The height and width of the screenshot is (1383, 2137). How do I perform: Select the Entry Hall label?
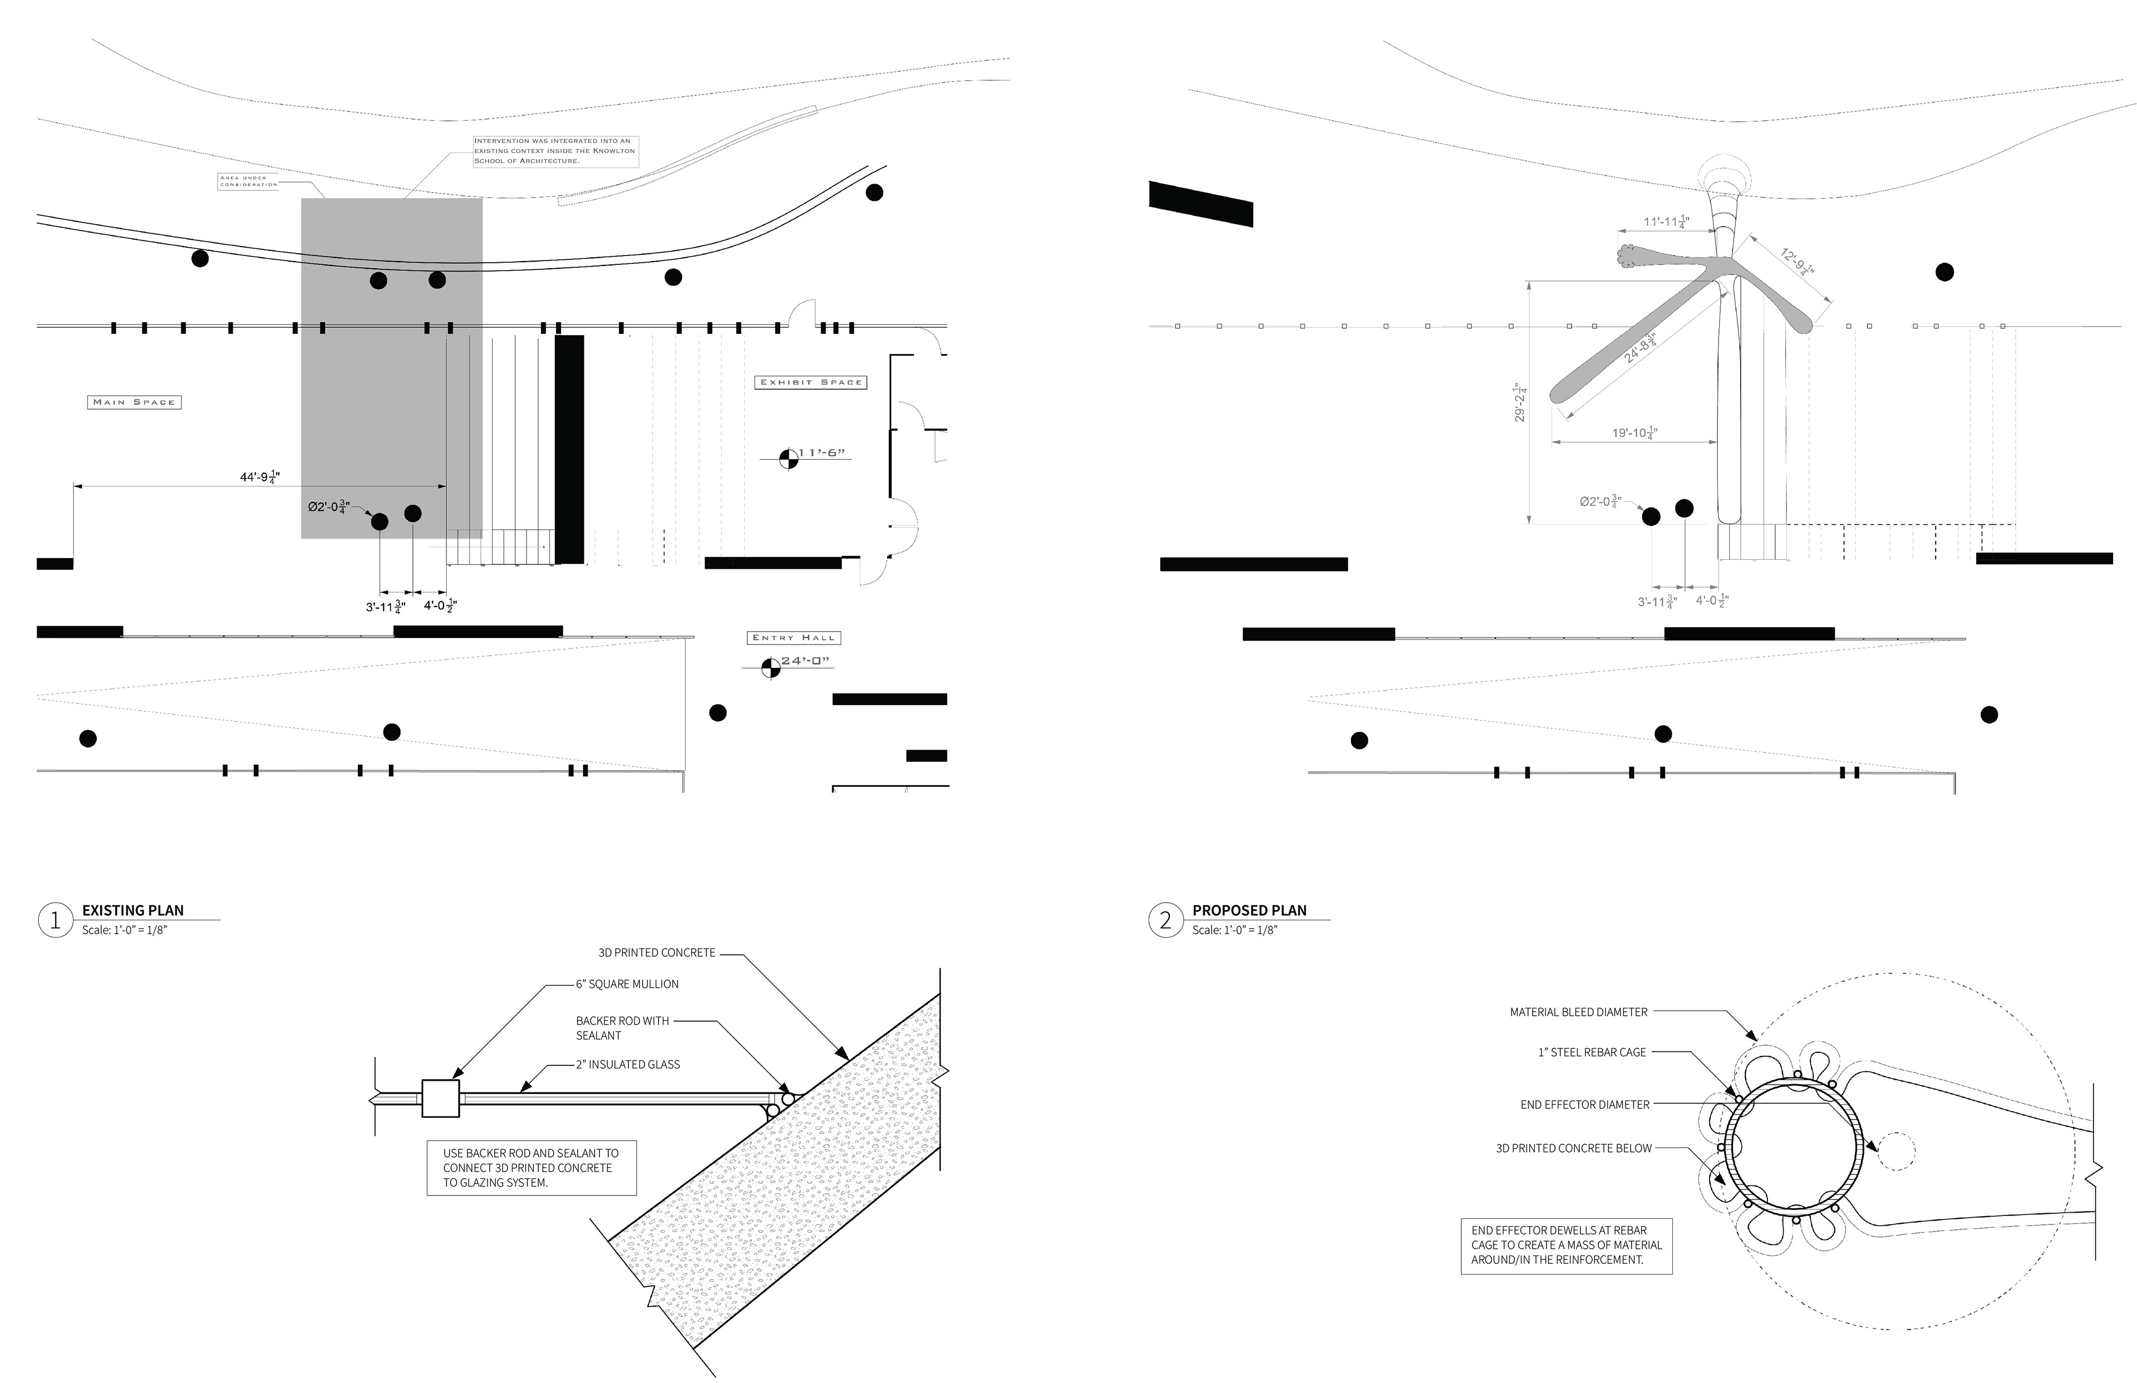pyautogui.click(x=794, y=638)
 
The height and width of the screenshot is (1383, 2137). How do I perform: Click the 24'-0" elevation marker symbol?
pyautogui.click(x=770, y=667)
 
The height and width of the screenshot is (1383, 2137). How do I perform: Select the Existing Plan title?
pyautogui.click(x=133, y=910)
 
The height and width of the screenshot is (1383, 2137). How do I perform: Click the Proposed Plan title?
pyautogui.click(x=1249, y=910)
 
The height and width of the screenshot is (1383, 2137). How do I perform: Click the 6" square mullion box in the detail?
pyautogui.click(x=440, y=1098)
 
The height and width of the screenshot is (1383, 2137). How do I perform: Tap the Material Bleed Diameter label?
pyautogui.click(x=1578, y=1012)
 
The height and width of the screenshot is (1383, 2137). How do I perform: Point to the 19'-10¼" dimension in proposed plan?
pyautogui.click(x=1634, y=433)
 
